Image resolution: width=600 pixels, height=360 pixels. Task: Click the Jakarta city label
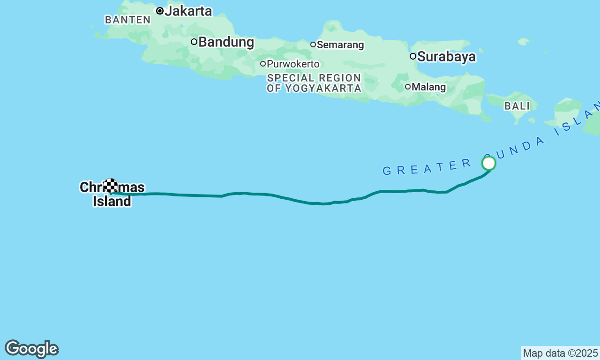(x=188, y=11)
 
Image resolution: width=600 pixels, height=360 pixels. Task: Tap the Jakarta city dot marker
(x=160, y=11)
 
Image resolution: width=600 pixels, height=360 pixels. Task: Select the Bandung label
(x=226, y=42)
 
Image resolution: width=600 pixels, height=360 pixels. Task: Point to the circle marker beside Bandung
(x=194, y=42)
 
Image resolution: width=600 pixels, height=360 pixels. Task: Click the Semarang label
(x=340, y=45)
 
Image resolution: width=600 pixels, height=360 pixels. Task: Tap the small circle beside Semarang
(x=313, y=45)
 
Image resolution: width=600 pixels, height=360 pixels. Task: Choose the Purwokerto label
(x=293, y=64)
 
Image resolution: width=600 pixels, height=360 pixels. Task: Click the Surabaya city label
(x=446, y=57)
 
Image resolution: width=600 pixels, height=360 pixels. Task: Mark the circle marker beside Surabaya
(x=413, y=56)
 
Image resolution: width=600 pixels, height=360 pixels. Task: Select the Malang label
(x=428, y=87)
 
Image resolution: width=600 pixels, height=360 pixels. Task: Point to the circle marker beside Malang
(x=408, y=87)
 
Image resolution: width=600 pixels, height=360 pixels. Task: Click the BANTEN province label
(x=127, y=20)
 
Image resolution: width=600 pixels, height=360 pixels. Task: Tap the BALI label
(x=517, y=106)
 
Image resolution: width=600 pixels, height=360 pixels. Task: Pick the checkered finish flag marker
(x=111, y=186)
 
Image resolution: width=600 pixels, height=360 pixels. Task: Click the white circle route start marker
(x=489, y=163)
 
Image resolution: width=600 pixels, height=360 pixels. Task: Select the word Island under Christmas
(x=112, y=202)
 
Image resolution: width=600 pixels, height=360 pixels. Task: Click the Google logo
(x=31, y=349)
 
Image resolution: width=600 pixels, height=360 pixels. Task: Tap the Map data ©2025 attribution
(x=560, y=353)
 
